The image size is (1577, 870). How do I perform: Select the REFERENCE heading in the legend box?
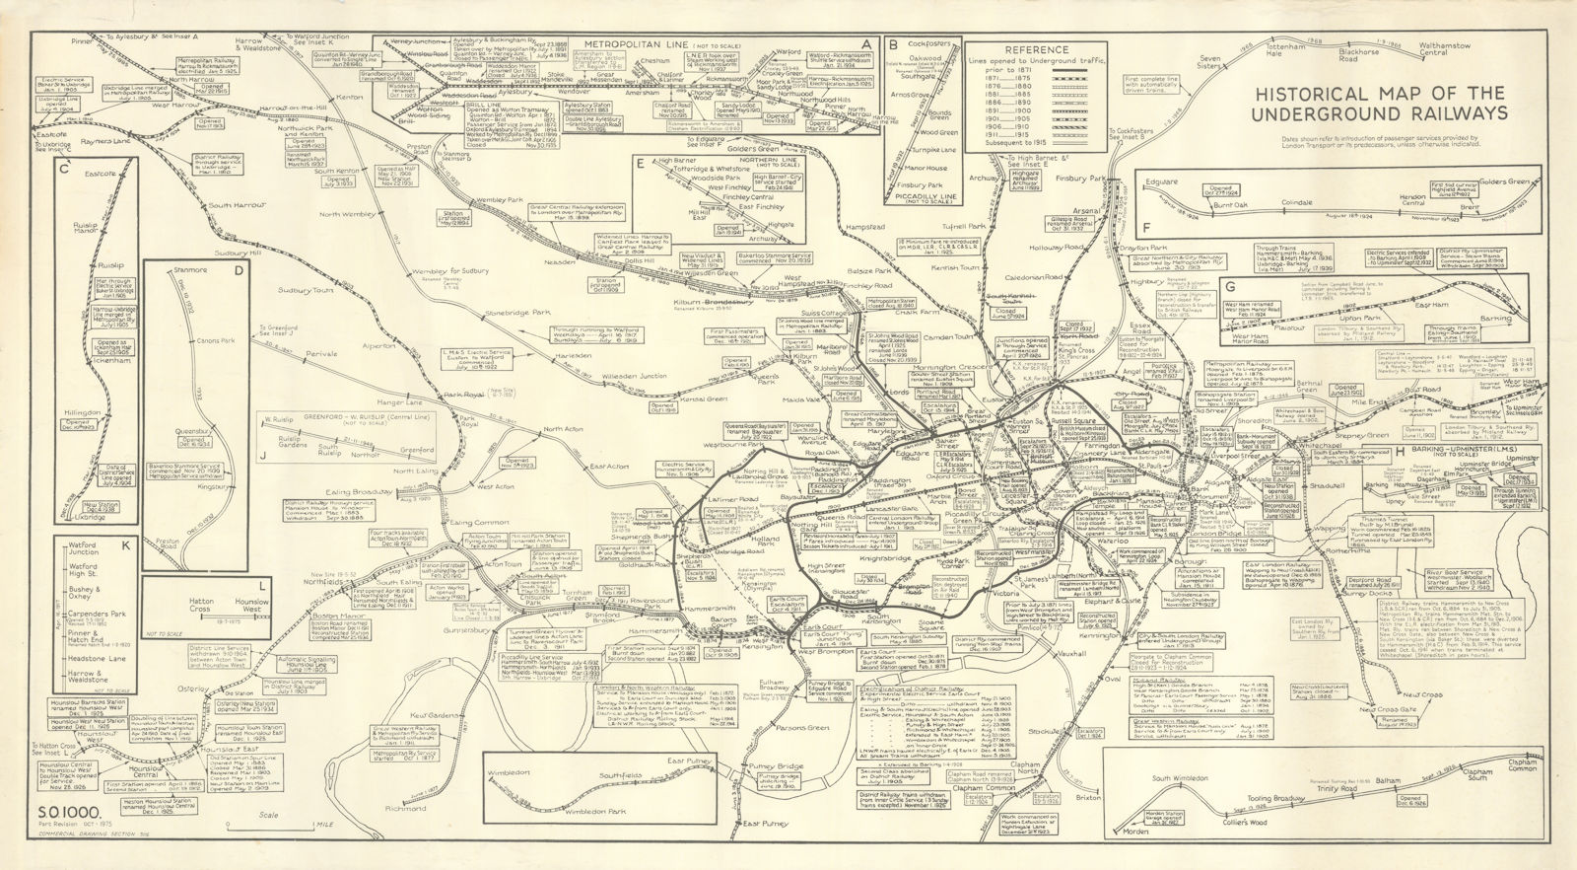tap(1038, 49)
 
